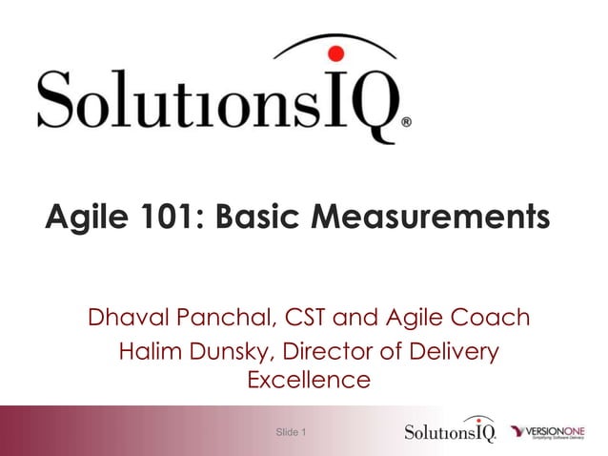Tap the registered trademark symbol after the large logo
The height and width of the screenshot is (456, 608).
tap(406, 123)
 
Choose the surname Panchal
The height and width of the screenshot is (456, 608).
tap(223, 316)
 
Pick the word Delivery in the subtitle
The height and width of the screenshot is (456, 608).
tap(452, 352)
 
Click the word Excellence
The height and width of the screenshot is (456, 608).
tap(308, 382)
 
